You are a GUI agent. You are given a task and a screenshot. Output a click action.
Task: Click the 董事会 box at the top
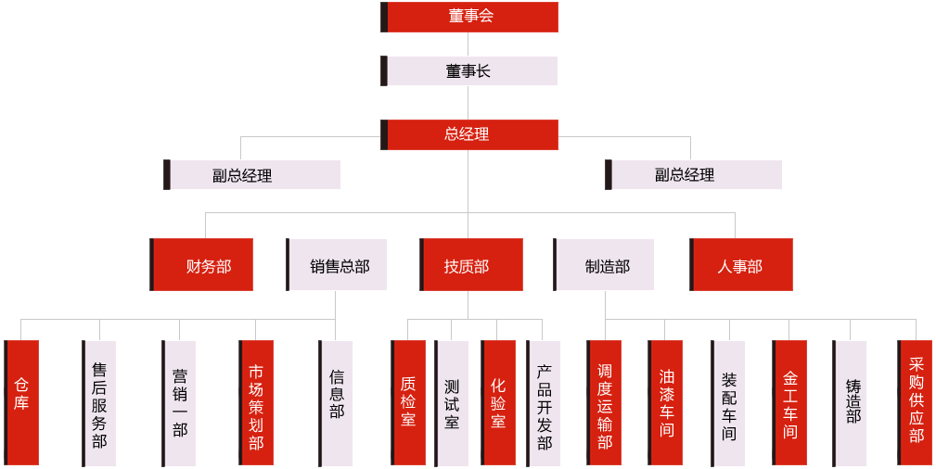pyautogui.click(x=470, y=17)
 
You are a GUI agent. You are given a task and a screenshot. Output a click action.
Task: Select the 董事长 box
pyautogui.click(x=470, y=70)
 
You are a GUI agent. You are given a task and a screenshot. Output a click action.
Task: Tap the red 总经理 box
pyautogui.click(x=470, y=134)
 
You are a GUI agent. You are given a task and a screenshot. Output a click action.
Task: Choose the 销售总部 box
pyautogui.click(x=338, y=265)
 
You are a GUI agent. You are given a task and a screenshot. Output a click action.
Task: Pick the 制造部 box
pyautogui.click(x=606, y=265)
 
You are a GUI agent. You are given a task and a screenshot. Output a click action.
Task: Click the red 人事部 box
pyautogui.click(x=742, y=265)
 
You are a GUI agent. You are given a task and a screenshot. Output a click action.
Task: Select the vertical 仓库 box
pyautogui.click(x=22, y=402)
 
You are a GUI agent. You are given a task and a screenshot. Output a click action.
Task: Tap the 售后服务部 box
pyautogui.click(x=100, y=402)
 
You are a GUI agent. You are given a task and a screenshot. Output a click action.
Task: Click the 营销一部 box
pyautogui.click(x=180, y=402)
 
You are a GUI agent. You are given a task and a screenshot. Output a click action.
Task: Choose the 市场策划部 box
pyautogui.click(x=257, y=402)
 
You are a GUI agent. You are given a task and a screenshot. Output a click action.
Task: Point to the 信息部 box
pyautogui.click(x=337, y=402)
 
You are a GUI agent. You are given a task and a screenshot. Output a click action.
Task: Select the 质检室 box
pyautogui.click(x=409, y=402)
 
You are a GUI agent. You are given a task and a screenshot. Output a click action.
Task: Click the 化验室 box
pyautogui.click(x=499, y=402)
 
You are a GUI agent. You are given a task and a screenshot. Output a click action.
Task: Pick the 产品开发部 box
pyautogui.click(x=545, y=402)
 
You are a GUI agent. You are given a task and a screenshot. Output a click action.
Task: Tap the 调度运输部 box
pyautogui.click(x=605, y=402)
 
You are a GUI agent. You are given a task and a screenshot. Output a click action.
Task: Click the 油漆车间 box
pyautogui.click(x=666, y=402)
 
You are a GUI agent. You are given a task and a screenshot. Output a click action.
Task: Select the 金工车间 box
pyautogui.click(x=790, y=402)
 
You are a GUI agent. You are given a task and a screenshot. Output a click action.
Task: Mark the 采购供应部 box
pyautogui.click(x=915, y=402)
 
